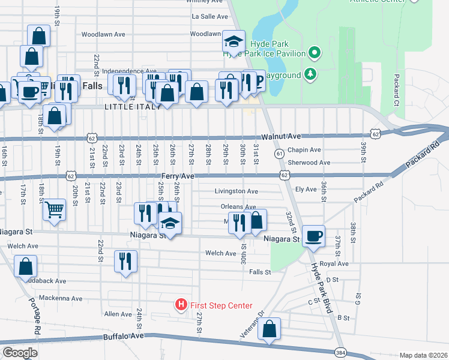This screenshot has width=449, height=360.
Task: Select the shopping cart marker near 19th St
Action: pos(54,210)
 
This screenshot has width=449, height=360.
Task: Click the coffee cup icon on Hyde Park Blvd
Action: pos(313,236)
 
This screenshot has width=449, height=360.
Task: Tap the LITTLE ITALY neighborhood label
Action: pos(132,107)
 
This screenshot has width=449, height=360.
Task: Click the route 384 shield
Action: pos(340,351)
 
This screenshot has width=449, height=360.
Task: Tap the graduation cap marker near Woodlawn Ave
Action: pos(234,42)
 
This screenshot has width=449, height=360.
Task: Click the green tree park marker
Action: pos(310,74)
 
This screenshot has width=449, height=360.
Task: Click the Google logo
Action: pos(20,352)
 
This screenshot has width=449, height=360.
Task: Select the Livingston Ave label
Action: pos(237,191)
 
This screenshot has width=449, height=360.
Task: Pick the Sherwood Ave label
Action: pos(309,163)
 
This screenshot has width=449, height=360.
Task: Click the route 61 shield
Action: pos(279,154)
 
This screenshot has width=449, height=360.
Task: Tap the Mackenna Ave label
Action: pos(59,298)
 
